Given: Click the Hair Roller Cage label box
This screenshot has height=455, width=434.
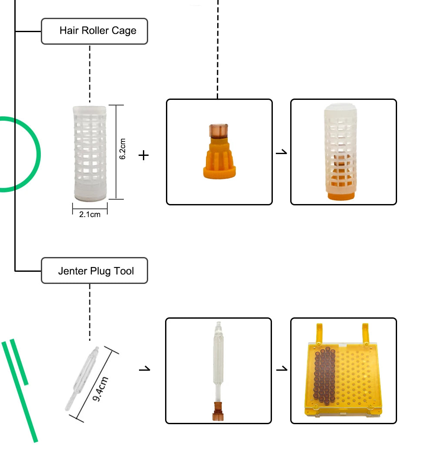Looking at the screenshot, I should (x=94, y=31).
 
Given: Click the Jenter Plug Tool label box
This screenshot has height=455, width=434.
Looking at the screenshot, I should (x=94, y=271).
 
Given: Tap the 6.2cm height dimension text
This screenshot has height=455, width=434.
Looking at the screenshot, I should (x=123, y=149).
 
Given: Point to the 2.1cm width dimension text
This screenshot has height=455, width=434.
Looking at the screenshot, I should (x=90, y=214).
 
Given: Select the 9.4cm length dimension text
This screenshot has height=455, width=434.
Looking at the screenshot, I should (x=100, y=389).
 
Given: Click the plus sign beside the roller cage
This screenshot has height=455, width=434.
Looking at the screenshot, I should (x=143, y=155).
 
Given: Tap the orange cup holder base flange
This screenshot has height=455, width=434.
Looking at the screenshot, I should (x=219, y=172).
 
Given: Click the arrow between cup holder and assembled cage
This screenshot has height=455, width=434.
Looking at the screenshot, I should (x=282, y=152).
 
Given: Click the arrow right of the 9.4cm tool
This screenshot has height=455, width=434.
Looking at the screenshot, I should (x=145, y=369).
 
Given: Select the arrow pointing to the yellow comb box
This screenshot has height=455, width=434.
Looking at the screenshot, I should (x=282, y=369).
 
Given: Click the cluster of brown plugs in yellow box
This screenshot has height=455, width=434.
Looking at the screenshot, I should (x=324, y=373).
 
